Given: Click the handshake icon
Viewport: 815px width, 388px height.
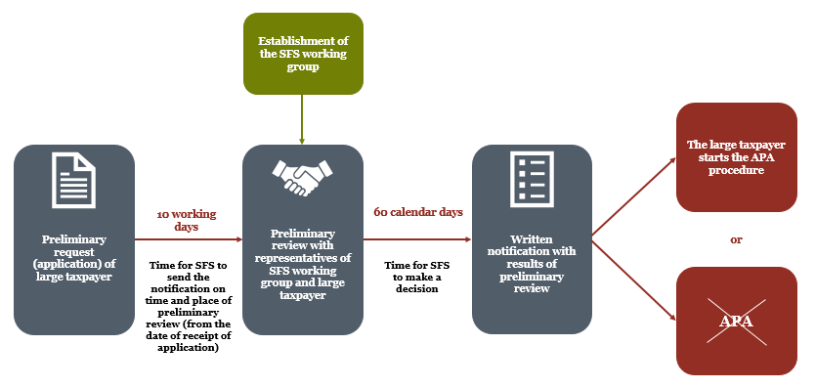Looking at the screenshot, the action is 303,176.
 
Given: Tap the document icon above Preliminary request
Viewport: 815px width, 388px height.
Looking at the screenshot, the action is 74,181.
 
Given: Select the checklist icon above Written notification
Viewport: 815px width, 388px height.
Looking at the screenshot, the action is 532,179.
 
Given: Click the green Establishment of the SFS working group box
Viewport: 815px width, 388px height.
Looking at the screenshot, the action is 303,54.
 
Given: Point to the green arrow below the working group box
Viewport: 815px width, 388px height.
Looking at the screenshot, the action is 301,119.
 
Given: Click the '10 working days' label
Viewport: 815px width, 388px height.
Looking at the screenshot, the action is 187,221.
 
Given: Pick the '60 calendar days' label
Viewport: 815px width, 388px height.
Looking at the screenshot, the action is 418,212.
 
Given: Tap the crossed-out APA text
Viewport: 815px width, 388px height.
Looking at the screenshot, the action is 736,321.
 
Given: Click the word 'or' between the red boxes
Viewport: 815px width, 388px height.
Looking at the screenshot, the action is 736,239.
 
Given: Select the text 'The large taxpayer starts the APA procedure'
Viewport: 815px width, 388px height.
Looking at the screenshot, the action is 736,157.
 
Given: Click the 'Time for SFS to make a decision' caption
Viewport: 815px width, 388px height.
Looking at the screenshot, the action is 417,277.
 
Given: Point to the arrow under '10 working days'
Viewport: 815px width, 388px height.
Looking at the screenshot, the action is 189,239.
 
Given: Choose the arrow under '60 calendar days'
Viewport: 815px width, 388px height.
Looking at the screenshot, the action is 417,239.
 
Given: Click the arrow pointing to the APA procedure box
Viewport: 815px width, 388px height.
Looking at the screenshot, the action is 634,198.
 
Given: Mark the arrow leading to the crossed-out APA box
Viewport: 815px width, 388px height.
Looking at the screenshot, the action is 634,280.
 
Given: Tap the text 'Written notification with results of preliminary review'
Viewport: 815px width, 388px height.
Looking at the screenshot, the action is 532,264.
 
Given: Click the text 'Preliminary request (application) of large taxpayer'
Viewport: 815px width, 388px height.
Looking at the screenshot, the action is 74,258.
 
